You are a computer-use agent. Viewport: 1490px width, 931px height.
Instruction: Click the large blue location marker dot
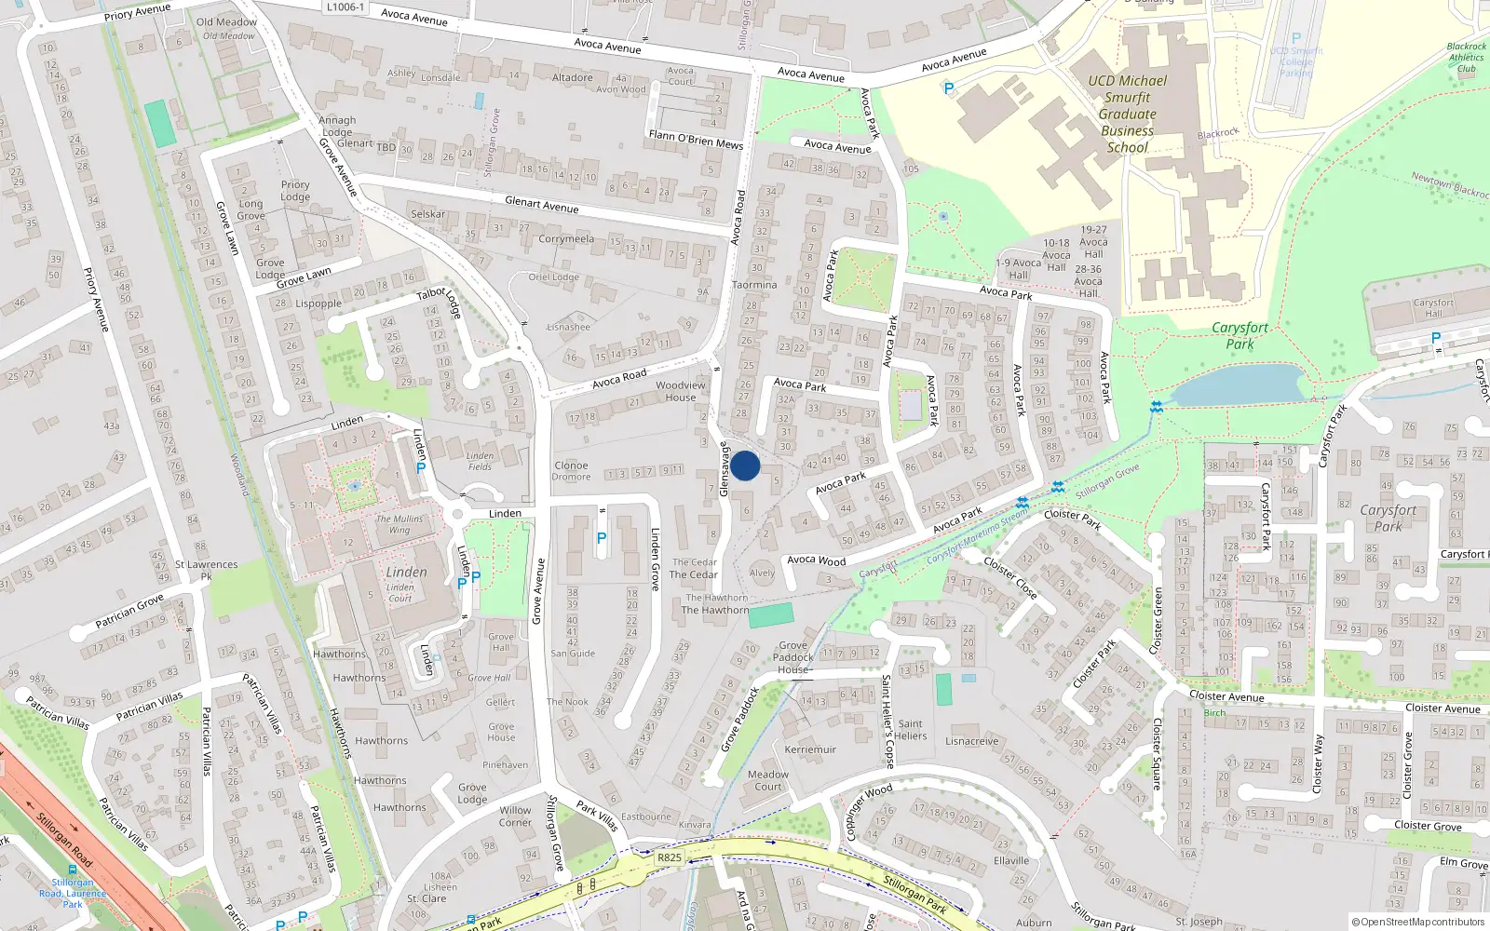click(x=745, y=465)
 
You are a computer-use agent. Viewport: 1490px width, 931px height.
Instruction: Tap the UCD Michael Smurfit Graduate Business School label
click(x=1127, y=114)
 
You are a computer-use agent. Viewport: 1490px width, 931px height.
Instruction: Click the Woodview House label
click(x=681, y=391)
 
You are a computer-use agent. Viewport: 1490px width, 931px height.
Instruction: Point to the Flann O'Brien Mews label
click(x=696, y=139)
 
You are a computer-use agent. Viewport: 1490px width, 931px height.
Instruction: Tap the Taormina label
click(x=754, y=285)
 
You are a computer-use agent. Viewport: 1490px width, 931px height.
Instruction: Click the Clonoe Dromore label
click(x=571, y=471)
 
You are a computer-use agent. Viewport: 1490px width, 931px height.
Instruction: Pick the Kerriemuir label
click(x=810, y=749)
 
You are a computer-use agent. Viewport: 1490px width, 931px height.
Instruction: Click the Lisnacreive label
click(x=971, y=741)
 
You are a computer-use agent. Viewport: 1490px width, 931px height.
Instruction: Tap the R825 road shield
click(x=669, y=857)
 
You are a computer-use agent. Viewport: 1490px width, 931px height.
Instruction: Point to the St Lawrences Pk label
click(x=206, y=570)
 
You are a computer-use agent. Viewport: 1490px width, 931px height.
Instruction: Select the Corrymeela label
click(x=566, y=239)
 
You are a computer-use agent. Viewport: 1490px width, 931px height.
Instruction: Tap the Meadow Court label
click(x=768, y=780)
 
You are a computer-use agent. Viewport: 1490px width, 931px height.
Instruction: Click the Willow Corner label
click(x=515, y=816)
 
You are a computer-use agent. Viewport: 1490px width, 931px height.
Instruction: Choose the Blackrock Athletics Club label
click(x=1467, y=57)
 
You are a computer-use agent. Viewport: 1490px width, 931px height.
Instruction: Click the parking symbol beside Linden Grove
click(x=602, y=538)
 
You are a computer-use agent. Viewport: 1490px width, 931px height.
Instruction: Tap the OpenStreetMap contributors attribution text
click(x=1418, y=923)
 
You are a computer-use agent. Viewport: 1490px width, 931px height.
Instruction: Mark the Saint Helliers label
click(x=911, y=730)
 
